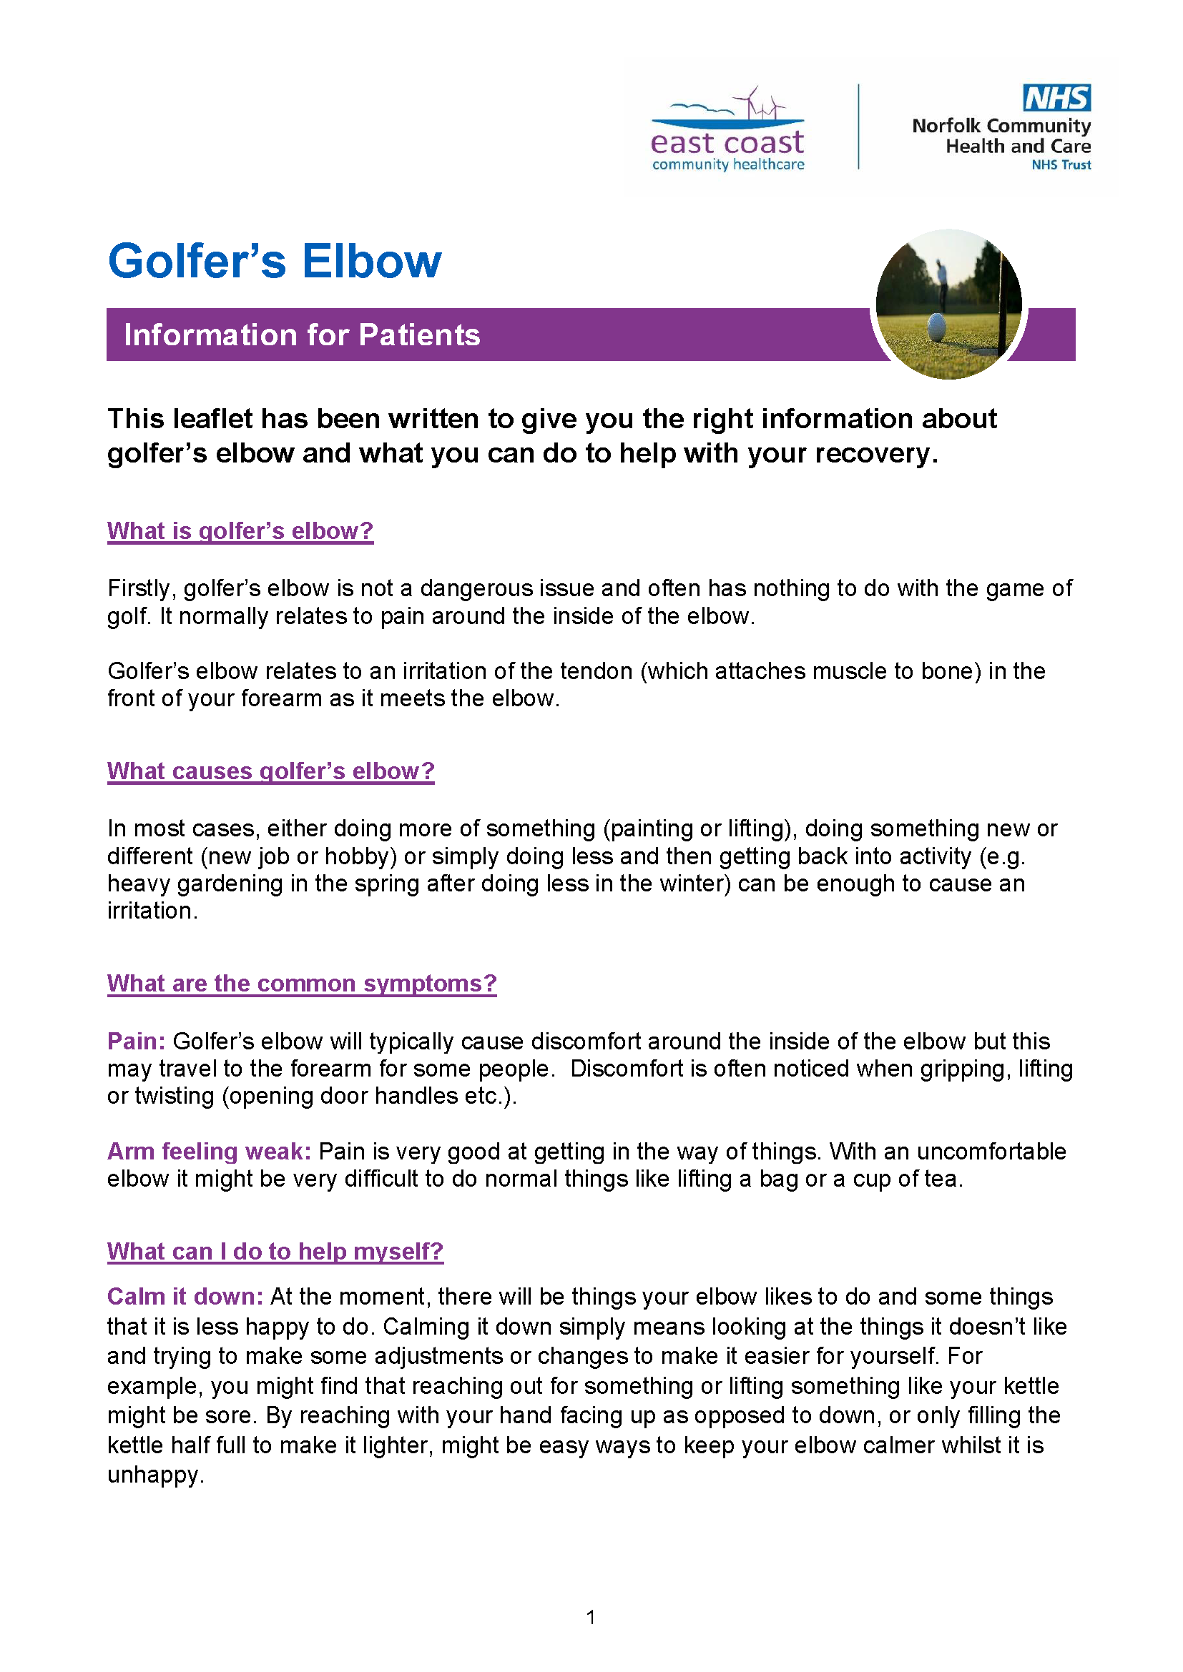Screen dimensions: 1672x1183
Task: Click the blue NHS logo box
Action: [x=1056, y=98]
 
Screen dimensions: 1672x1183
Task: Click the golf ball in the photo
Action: [x=936, y=327]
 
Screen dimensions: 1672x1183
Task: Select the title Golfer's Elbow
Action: [x=275, y=261]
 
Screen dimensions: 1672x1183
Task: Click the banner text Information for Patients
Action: [x=302, y=335]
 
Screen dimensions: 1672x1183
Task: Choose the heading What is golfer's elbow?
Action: [x=240, y=531]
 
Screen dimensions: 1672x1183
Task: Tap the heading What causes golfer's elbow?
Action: [x=270, y=771]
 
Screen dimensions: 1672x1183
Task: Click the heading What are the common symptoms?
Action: [x=302, y=983]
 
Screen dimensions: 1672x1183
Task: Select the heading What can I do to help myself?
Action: [x=275, y=1251]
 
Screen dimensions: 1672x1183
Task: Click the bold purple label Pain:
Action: [x=136, y=1042]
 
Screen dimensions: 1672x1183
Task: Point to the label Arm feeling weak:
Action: [x=209, y=1152]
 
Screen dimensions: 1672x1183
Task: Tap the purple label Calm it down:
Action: [x=185, y=1297]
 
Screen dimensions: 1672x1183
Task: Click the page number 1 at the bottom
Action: [x=591, y=1618]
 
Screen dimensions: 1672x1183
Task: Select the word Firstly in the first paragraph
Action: [x=141, y=588]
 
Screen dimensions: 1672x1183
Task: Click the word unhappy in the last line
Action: [x=153, y=1475]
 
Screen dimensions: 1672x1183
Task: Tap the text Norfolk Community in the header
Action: [x=1001, y=126]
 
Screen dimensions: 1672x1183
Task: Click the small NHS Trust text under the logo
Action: [x=1061, y=165]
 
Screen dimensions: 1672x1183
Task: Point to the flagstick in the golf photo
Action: [x=1008, y=306]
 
